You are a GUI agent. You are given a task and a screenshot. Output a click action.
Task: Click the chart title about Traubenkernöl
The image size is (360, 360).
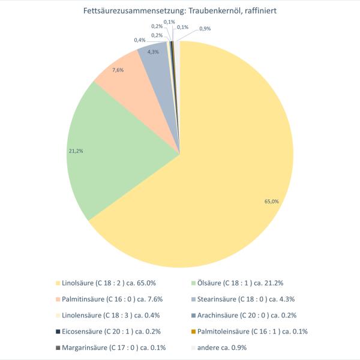pyautogui.click(x=179, y=11)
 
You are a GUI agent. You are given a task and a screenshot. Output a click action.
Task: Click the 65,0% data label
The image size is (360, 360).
pyautogui.click(x=272, y=202)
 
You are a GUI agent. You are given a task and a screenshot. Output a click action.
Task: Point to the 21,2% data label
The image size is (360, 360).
pyautogui.click(x=76, y=151)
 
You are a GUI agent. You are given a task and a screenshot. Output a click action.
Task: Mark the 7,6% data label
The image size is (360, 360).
pyautogui.click(x=118, y=70)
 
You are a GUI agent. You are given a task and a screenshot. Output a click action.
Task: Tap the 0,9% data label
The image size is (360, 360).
pyautogui.click(x=205, y=29)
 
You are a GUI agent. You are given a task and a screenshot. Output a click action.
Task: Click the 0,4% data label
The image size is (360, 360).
pyautogui.click(x=140, y=40)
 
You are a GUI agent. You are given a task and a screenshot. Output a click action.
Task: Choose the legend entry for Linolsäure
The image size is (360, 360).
pyautogui.click(x=105, y=282)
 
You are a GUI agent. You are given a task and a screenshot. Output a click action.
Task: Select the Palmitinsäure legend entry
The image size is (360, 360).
pyautogui.click(x=109, y=298)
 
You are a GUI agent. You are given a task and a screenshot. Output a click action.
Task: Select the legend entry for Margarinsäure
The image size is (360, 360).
pyautogui.click(x=110, y=347)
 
